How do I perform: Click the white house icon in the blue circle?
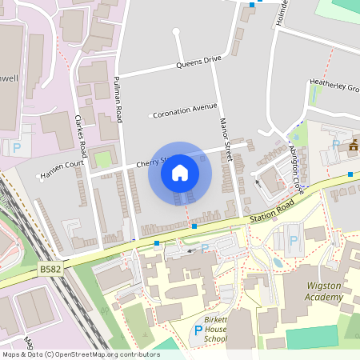click(180, 173)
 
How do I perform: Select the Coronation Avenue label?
click(185, 109)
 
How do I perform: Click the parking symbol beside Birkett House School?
click(198, 330)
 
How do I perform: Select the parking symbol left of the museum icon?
click(335, 145)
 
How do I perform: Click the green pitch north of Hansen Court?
click(102, 158)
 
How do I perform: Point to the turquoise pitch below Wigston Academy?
click(312, 337)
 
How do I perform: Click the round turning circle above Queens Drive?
click(175, 31)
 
